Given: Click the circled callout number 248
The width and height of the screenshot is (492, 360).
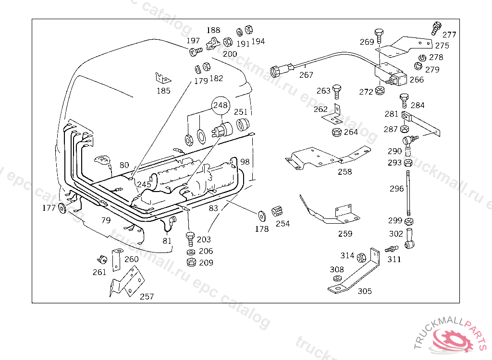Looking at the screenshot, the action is click(x=221, y=105).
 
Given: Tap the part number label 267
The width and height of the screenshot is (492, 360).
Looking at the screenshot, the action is click(x=306, y=75).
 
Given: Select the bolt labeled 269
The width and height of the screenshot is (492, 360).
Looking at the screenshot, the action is click(x=379, y=36).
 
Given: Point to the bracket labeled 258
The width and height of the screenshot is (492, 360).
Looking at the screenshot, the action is click(x=328, y=157).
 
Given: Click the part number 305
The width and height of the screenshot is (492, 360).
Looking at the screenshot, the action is click(x=365, y=291).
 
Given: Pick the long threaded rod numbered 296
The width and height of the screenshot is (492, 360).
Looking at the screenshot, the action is click(x=408, y=193).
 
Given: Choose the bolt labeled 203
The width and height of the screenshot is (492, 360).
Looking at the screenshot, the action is click(x=190, y=240).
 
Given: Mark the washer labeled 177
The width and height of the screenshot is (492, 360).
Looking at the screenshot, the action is click(x=62, y=208).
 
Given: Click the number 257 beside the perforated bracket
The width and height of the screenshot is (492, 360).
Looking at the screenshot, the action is click(x=147, y=296).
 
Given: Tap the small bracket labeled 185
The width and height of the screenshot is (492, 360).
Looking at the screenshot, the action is click(x=162, y=78).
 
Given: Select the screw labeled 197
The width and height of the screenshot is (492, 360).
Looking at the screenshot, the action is click(x=196, y=51).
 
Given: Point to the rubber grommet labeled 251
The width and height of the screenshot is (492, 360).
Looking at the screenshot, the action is click(x=243, y=125).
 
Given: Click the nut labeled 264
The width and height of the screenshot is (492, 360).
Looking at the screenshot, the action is click(x=337, y=132).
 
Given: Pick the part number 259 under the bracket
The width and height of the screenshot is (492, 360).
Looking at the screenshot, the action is click(x=345, y=234).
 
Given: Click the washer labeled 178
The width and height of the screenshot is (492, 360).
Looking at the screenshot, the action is click(x=261, y=216).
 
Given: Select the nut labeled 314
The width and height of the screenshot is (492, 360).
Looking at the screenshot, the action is click(x=361, y=257).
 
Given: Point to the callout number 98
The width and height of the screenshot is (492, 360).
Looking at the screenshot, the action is click(x=245, y=162).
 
